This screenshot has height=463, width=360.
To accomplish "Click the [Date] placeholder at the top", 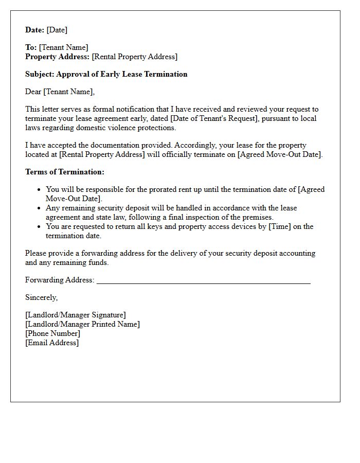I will pos(57,30).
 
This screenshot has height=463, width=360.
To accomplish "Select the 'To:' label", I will pos(31,47).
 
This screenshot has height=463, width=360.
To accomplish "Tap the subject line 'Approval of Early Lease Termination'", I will pos(121,74).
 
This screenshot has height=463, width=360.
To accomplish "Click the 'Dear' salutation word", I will pos(33,92).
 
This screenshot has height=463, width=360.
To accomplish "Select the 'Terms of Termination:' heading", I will pos(64,172).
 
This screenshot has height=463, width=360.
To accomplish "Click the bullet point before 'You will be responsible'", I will pos(39,190).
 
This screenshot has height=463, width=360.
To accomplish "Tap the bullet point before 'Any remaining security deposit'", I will pos(39,208).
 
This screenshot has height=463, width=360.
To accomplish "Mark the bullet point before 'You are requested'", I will pos(39,227).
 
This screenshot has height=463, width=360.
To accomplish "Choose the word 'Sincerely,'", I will pos(42,297).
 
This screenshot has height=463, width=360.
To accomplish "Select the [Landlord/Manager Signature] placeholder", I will pos(76,315).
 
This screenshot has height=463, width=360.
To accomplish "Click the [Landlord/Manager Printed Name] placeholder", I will pos(82,324).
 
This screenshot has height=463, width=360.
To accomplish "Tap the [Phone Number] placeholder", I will pos(52,333).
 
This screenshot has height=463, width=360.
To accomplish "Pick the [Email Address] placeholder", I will pos(52,343).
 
